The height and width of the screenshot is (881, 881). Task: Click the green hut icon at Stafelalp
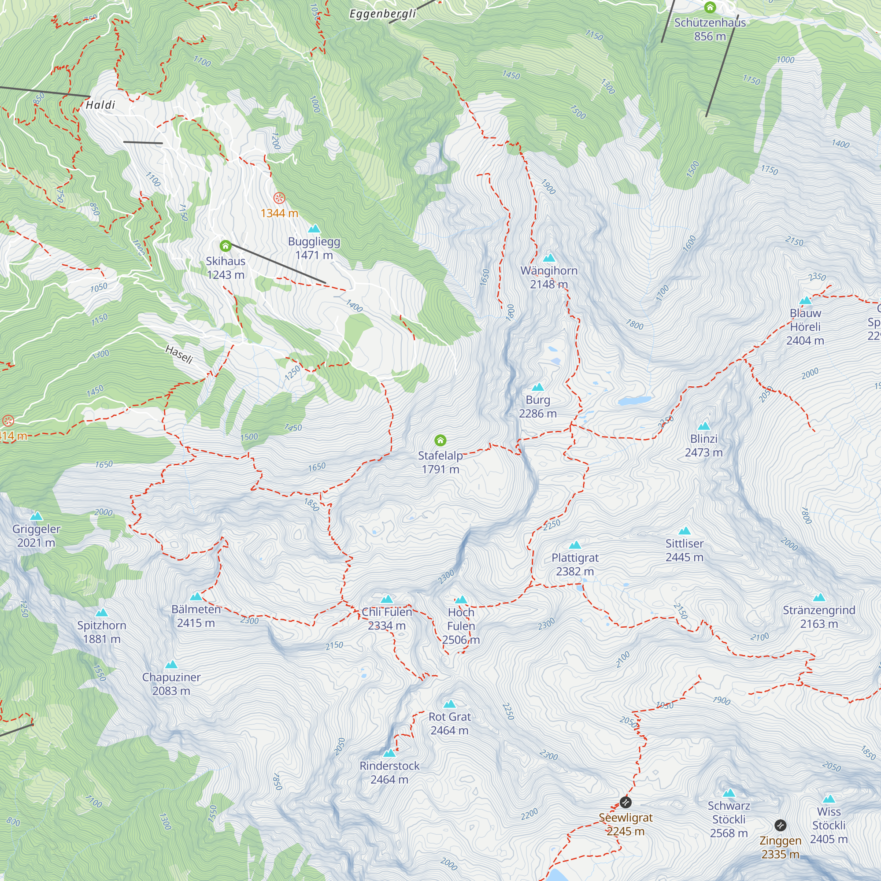(x=440, y=440)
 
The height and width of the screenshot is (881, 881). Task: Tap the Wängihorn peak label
(x=549, y=277)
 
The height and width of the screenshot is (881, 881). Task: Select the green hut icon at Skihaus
(x=225, y=246)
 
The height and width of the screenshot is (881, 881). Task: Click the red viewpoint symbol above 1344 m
(x=279, y=198)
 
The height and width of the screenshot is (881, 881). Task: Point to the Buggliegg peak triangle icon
(x=314, y=229)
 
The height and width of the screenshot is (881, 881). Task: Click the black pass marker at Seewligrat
(x=626, y=802)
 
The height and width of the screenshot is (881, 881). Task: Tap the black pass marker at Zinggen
(x=780, y=825)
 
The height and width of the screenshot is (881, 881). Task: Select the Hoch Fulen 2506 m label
(x=461, y=626)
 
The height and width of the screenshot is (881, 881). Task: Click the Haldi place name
(x=100, y=105)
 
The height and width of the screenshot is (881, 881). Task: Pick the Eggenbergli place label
(x=383, y=14)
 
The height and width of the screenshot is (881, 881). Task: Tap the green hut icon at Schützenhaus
(x=710, y=7)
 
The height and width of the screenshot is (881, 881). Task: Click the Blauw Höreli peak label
(x=805, y=326)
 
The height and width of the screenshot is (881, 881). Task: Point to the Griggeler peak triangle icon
(x=36, y=516)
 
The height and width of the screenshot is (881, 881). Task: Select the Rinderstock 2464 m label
(x=389, y=773)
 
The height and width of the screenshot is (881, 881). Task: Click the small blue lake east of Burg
(x=634, y=401)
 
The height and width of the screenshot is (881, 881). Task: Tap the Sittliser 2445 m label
(x=684, y=550)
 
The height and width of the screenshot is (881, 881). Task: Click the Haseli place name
(x=179, y=354)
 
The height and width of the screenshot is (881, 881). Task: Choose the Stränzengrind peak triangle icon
(x=819, y=597)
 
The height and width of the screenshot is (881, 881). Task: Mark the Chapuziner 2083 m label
(x=171, y=684)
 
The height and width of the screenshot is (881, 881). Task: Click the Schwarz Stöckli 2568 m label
(x=728, y=819)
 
